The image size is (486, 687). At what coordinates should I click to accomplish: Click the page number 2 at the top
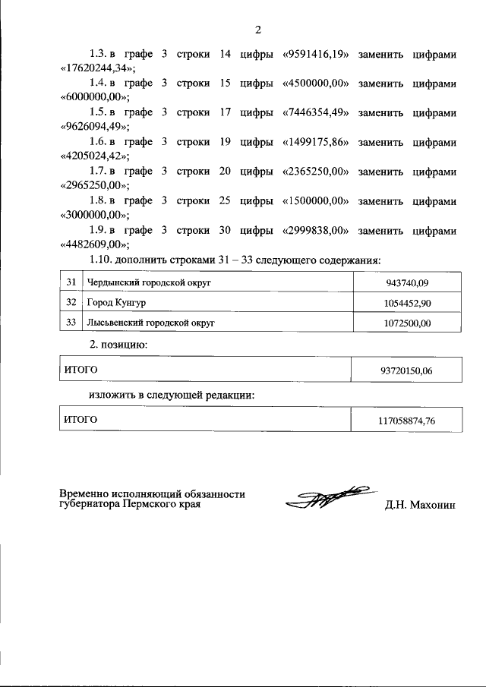257,30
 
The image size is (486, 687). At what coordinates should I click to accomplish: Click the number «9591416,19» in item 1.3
315,54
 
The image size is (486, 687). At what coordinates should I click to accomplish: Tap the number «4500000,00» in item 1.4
315,84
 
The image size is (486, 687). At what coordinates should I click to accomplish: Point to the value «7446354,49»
315,113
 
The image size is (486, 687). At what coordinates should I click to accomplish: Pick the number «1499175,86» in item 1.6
315,142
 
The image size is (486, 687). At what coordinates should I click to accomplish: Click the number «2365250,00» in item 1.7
315,172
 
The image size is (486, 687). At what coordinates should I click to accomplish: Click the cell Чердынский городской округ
137,283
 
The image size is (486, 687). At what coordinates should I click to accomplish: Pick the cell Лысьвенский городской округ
140,323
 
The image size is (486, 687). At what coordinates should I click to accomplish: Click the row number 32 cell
71,303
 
